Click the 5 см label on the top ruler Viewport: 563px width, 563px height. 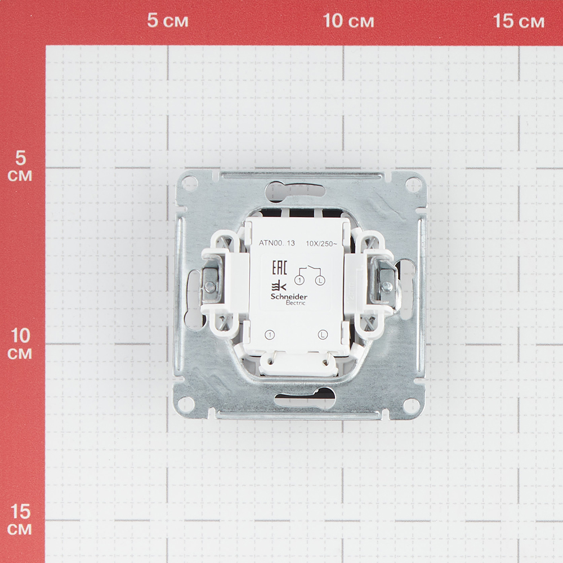pyautogui.click(x=168, y=20)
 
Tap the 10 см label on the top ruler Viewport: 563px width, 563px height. pyautogui.click(x=348, y=20)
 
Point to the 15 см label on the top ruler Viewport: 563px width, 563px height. pyautogui.click(x=519, y=20)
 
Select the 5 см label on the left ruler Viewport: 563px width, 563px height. pyautogui.click(x=20, y=166)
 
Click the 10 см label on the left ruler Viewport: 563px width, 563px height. pyautogui.click(x=20, y=344)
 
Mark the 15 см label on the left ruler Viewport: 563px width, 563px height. pyautogui.click(x=20, y=520)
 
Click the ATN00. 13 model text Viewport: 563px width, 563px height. pyautogui.click(x=277, y=243)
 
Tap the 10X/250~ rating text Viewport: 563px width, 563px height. pyautogui.click(x=321, y=243)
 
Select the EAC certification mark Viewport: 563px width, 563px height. pyautogui.click(x=279, y=268)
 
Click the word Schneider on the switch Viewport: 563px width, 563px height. pyautogui.click(x=289, y=297)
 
